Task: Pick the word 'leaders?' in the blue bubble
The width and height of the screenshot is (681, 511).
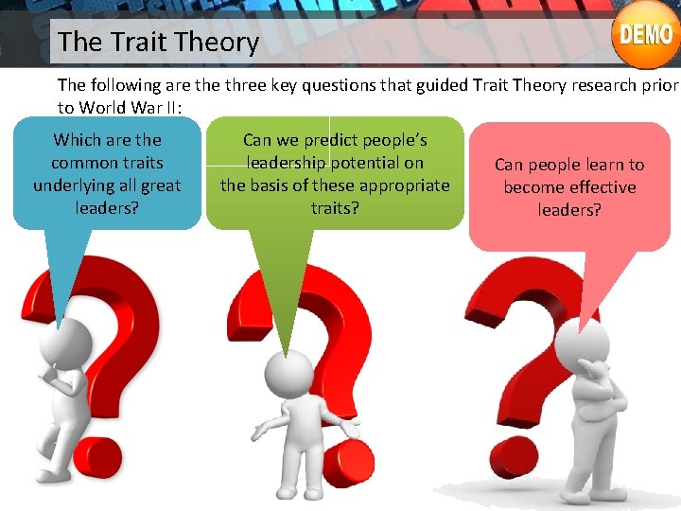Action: tap(107, 207)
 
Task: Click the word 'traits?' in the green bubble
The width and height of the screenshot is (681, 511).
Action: tap(335, 206)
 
